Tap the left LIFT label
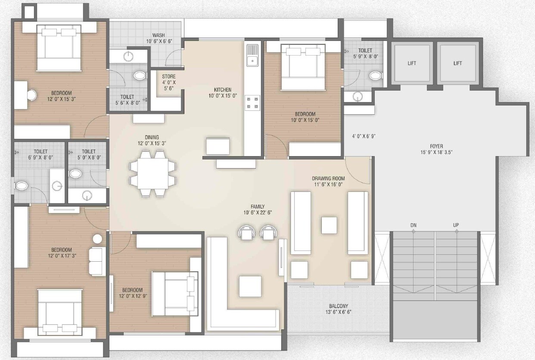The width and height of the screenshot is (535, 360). [412, 63]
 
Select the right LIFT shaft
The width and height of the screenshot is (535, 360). [457, 63]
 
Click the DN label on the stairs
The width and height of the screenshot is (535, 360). [413, 225]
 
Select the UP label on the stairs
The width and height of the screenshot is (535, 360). [456, 225]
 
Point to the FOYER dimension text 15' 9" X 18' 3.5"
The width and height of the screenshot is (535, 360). [436, 152]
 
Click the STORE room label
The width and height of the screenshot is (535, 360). [168, 77]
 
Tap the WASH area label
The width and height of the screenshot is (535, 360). [159, 35]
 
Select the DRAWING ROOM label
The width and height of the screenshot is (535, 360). [328, 178]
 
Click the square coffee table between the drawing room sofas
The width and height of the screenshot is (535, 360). [329, 225]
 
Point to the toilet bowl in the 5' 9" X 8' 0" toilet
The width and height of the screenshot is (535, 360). [376, 76]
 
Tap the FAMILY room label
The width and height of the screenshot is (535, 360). [258, 207]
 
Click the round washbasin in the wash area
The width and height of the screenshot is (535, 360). [128, 56]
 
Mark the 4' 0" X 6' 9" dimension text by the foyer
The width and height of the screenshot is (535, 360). [364, 136]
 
